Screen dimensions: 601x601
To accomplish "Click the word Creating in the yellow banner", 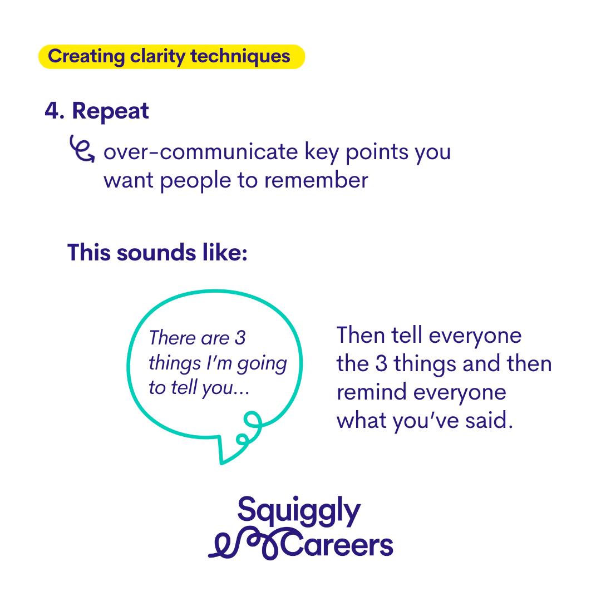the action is click(x=86, y=57).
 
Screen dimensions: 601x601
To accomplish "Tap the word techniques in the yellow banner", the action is click(x=240, y=57).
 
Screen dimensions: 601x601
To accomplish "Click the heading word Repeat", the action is click(x=110, y=111).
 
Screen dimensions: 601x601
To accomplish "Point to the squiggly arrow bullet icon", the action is click(x=82, y=149).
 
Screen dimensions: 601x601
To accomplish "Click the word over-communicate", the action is click(x=200, y=152).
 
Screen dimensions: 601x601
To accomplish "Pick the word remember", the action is click(x=316, y=180).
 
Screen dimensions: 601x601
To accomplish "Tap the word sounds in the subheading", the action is click(x=156, y=253).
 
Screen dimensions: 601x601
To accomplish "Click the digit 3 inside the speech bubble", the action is click(x=240, y=338).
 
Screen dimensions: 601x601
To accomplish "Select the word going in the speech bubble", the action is click(x=262, y=364).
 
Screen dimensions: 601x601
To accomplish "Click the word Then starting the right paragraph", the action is click(x=360, y=336).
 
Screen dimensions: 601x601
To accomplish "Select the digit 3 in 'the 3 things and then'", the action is click(x=381, y=364).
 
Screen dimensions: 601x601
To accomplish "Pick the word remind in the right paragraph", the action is click(x=372, y=392).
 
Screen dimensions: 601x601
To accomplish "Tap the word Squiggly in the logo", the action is click(x=299, y=511).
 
